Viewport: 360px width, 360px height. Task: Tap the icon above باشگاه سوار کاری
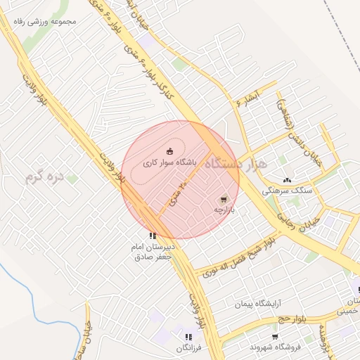coord(169,150)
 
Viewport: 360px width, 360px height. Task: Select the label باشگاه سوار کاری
coord(171,162)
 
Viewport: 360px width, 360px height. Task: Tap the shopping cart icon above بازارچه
coord(224,200)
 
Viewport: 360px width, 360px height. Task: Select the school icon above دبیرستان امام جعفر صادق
coord(153,236)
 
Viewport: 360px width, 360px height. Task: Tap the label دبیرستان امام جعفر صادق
coord(153,252)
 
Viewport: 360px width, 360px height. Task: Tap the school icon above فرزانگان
coord(188,337)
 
